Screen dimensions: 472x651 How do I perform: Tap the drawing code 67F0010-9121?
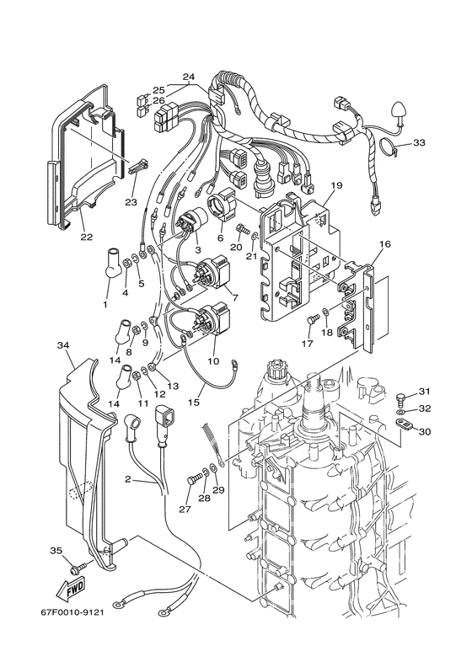(72, 612)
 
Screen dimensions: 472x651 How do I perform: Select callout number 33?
(419, 143)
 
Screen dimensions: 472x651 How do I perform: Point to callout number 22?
(87, 237)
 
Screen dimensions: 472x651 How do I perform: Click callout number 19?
(336, 185)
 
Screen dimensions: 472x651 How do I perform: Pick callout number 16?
(384, 244)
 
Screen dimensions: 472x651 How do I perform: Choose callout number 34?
(63, 345)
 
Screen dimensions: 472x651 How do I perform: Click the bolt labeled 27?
(194, 481)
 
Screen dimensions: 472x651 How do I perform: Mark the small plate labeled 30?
(403, 424)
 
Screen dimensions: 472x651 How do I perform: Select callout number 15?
(194, 402)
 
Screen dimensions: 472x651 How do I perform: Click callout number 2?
(128, 479)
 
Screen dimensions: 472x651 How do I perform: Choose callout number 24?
(189, 77)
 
